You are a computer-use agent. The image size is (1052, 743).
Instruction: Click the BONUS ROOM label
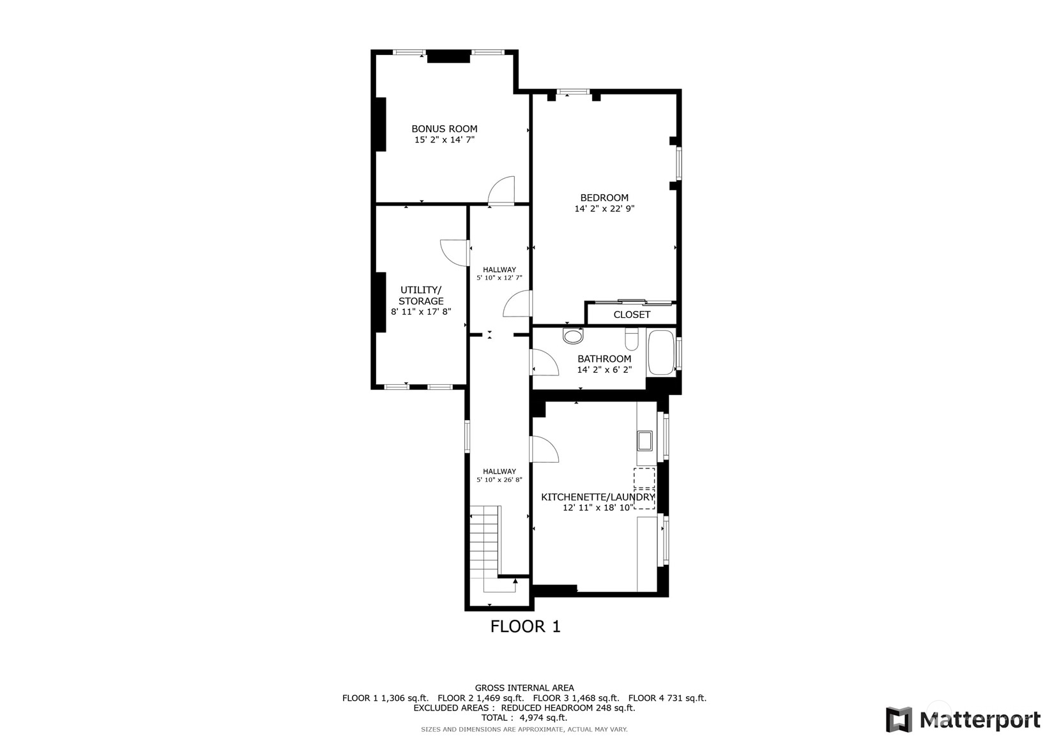coord(444,129)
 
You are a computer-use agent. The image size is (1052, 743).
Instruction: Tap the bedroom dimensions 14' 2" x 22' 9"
coord(604,209)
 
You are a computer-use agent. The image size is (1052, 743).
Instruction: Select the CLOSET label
coord(632,315)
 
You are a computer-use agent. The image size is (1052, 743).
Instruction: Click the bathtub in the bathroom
coord(661,352)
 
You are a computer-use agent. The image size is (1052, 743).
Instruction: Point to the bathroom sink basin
coord(573,336)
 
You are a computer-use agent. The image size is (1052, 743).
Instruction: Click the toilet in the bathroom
coord(631,339)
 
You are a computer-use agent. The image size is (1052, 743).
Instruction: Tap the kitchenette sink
coord(644,440)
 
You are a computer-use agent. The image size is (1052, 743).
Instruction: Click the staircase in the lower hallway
coord(485,543)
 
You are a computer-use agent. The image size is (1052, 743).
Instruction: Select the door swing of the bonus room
coord(502,191)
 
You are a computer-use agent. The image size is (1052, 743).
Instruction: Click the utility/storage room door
coord(455,252)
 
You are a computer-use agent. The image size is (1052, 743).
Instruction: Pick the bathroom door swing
coord(544,363)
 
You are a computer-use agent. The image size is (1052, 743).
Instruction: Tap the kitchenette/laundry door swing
coord(544,449)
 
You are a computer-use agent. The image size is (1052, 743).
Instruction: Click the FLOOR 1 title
coord(525,627)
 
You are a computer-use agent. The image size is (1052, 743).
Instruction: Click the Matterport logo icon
coord(899,719)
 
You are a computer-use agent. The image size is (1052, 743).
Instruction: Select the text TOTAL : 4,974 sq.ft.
coord(524,717)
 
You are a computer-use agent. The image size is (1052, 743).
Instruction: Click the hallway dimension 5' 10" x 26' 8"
coord(499,480)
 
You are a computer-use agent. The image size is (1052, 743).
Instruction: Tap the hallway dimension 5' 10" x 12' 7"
coord(499,278)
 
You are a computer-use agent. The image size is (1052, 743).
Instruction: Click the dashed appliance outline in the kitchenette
coord(644,488)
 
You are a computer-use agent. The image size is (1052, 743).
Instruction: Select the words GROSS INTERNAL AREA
coord(524,688)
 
